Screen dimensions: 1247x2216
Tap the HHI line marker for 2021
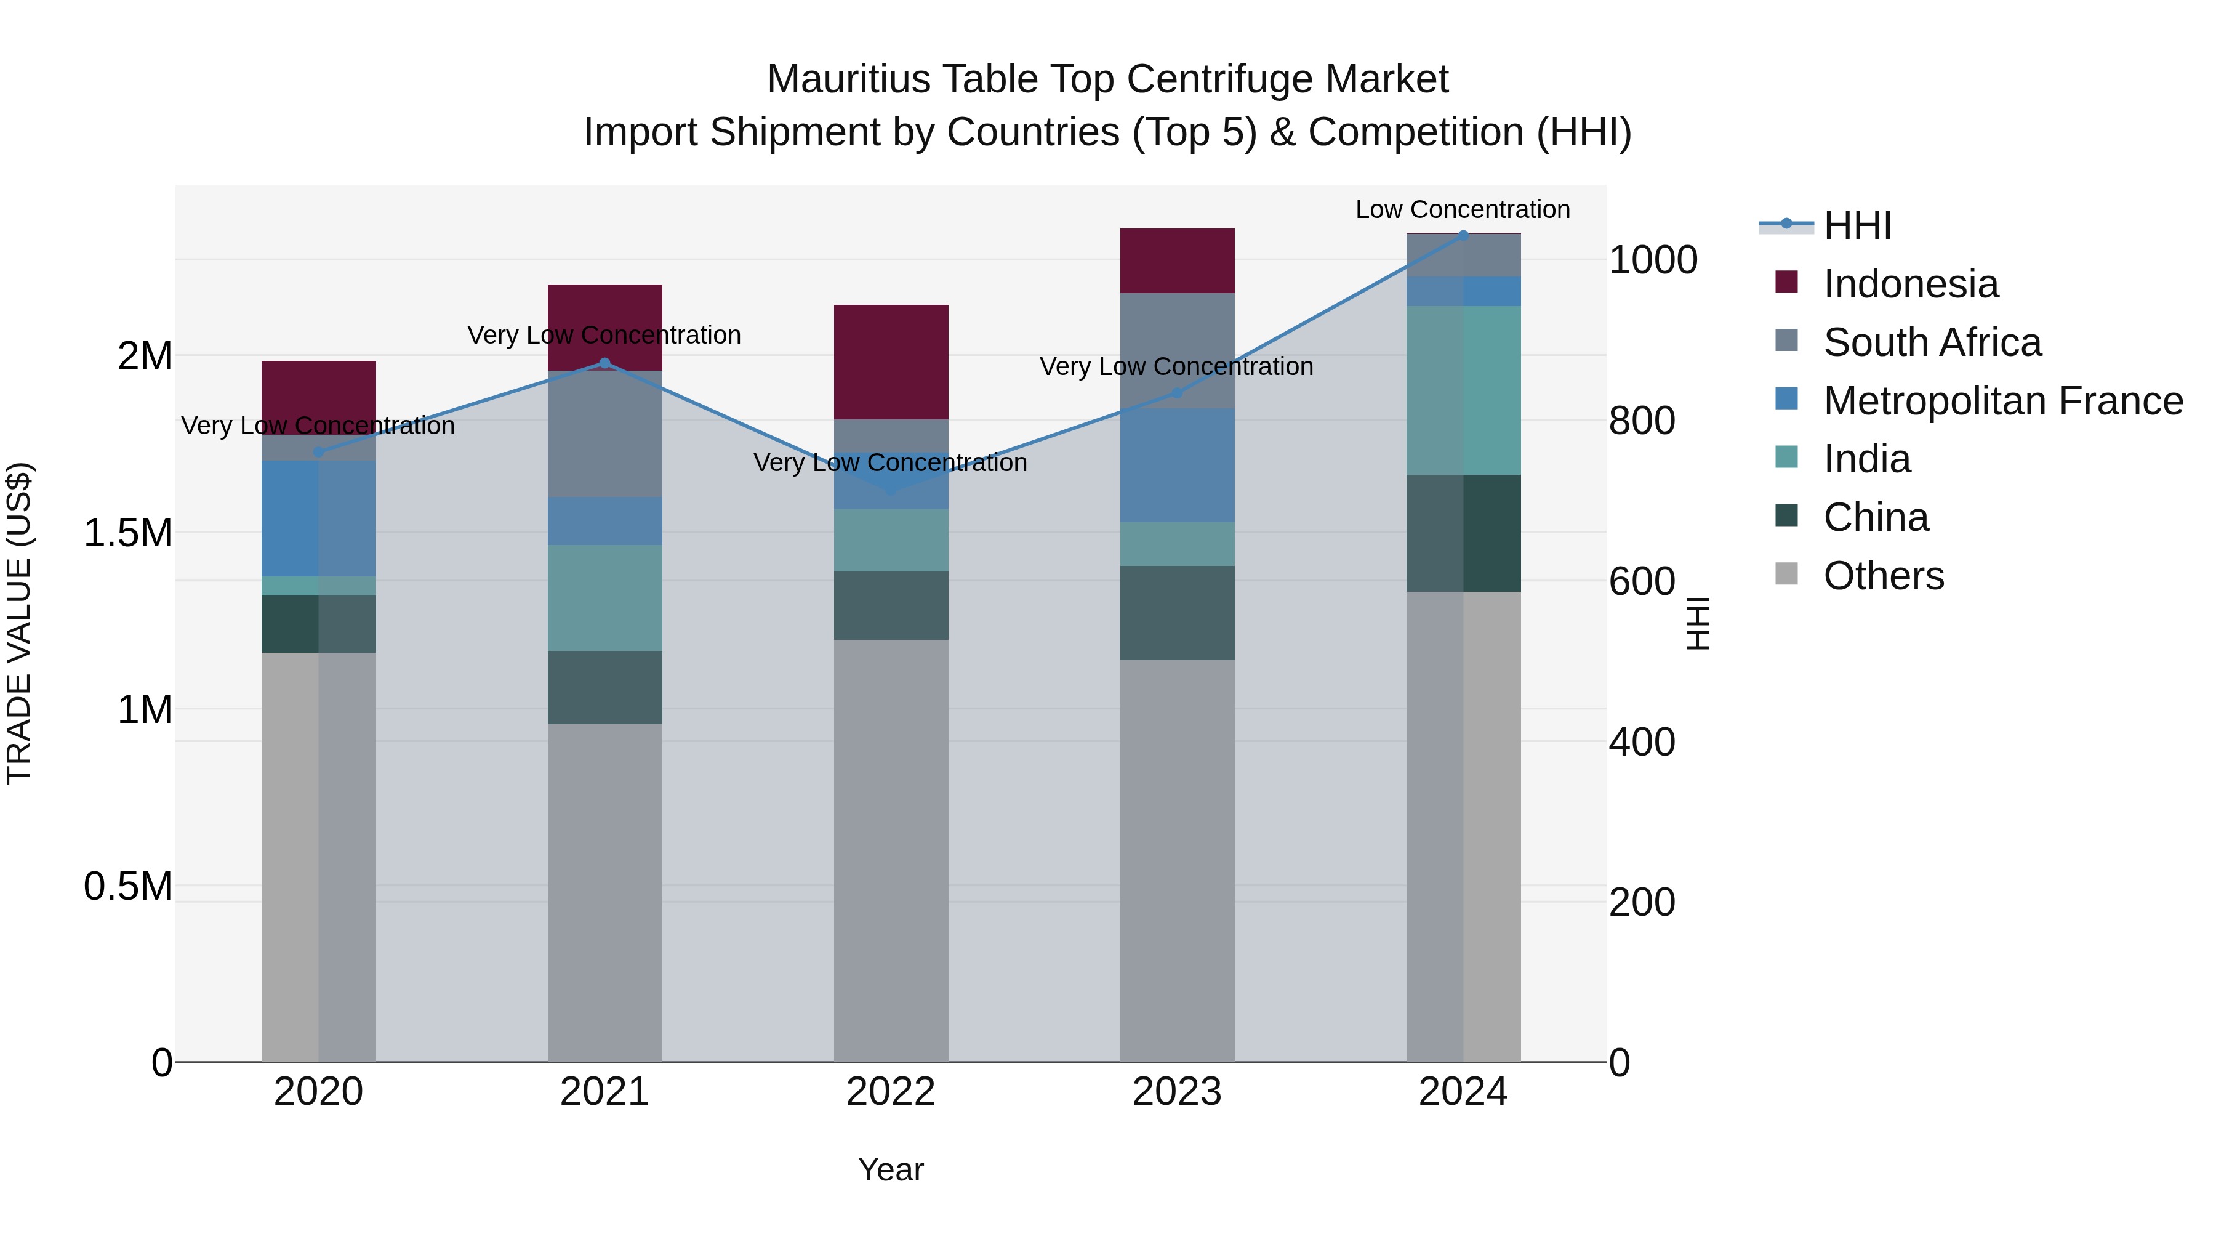coord(604,363)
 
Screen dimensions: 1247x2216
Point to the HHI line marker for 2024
coord(1463,235)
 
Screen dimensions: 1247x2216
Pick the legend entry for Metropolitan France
coord(2002,401)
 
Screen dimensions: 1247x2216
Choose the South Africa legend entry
coord(1931,342)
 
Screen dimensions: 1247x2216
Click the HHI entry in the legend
coord(1857,225)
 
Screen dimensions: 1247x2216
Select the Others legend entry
coord(1882,576)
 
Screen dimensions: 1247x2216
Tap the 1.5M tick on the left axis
coord(127,533)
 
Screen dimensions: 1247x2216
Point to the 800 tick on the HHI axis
coord(1640,421)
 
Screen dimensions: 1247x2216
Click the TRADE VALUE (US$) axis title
coord(19,623)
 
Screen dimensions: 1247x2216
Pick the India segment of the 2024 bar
coord(1463,390)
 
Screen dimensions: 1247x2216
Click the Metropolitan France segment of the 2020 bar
coord(318,518)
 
